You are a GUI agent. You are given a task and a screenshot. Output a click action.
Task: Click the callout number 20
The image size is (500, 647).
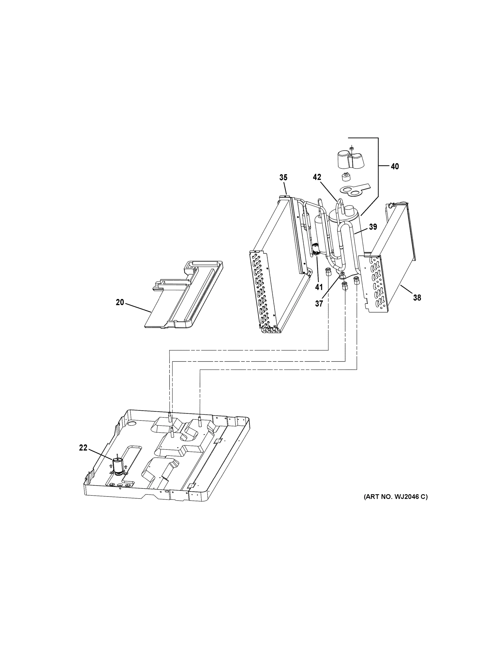pyautogui.click(x=120, y=302)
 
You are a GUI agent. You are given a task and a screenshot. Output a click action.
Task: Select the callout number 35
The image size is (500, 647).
pyautogui.click(x=283, y=177)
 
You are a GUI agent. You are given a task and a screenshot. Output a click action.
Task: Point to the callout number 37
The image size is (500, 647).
pyautogui.click(x=319, y=304)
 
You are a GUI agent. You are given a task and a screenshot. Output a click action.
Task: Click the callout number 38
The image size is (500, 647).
pyautogui.click(x=417, y=298)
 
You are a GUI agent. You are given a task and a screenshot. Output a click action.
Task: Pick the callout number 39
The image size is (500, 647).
pyautogui.click(x=373, y=227)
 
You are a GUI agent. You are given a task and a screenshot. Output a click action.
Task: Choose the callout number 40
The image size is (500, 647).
pyautogui.click(x=395, y=167)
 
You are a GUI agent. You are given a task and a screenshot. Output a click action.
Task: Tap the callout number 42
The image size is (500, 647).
pyautogui.click(x=317, y=177)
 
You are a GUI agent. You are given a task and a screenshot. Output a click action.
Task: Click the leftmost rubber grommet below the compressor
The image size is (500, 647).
pyautogui.click(x=328, y=271)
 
